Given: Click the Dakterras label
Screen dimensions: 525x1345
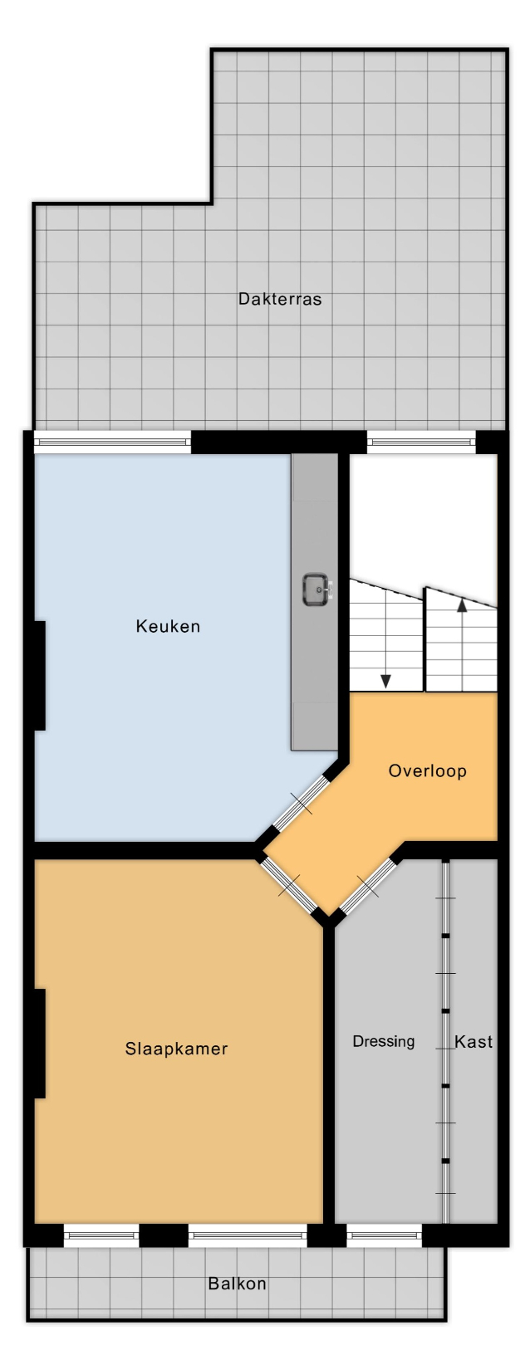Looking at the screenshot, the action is click(280, 298).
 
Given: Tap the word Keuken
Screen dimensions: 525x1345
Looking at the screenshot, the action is click(168, 626).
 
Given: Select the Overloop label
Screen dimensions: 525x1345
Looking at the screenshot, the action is click(427, 771).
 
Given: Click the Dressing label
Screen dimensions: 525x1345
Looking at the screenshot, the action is click(383, 1041).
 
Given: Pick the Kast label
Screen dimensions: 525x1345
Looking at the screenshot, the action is click(473, 1041).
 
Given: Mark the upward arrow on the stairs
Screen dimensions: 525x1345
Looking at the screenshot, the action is click(461, 644).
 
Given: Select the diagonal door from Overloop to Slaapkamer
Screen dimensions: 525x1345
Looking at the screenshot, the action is click(290, 884).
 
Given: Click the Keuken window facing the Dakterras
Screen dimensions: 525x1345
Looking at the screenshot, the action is click(111, 442).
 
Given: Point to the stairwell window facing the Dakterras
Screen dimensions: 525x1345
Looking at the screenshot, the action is click(421, 442).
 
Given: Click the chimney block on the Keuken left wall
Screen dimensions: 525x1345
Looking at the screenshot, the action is click(40, 676).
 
